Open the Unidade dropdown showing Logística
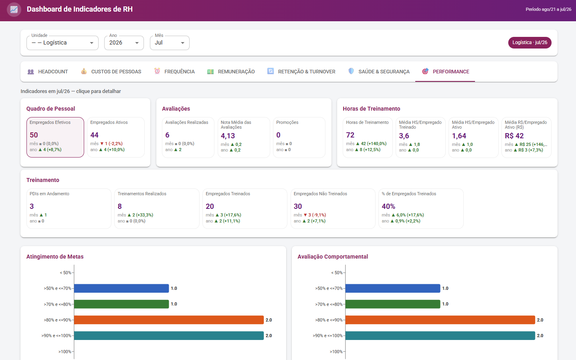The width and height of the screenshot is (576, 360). point(62,42)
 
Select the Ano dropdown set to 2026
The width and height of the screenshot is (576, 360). point(124,42)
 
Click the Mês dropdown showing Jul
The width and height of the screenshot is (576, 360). point(170,42)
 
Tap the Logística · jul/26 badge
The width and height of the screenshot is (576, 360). point(530,42)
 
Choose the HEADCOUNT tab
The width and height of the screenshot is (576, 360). point(48,71)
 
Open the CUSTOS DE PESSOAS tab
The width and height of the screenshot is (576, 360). point(111,71)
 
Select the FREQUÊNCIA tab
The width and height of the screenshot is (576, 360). point(174,71)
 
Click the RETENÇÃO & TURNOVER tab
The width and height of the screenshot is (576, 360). point(301,71)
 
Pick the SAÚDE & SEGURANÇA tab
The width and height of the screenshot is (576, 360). point(379,71)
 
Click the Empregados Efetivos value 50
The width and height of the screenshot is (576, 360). point(34,135)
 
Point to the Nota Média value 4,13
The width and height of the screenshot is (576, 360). point(228,136)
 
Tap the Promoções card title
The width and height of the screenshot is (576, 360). point(287,122)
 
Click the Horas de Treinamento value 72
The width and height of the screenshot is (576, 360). point(350,135)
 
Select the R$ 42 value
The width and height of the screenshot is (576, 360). point(514,136)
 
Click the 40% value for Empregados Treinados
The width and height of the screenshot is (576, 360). point(388,206)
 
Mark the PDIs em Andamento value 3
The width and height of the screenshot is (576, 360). point(32,206)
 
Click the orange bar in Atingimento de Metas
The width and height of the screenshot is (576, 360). point(169,320)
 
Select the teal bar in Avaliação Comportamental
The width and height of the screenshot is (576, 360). point(440,336)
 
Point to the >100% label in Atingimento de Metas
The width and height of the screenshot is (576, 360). point(65,352)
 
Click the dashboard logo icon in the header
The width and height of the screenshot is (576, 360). point(14,10)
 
